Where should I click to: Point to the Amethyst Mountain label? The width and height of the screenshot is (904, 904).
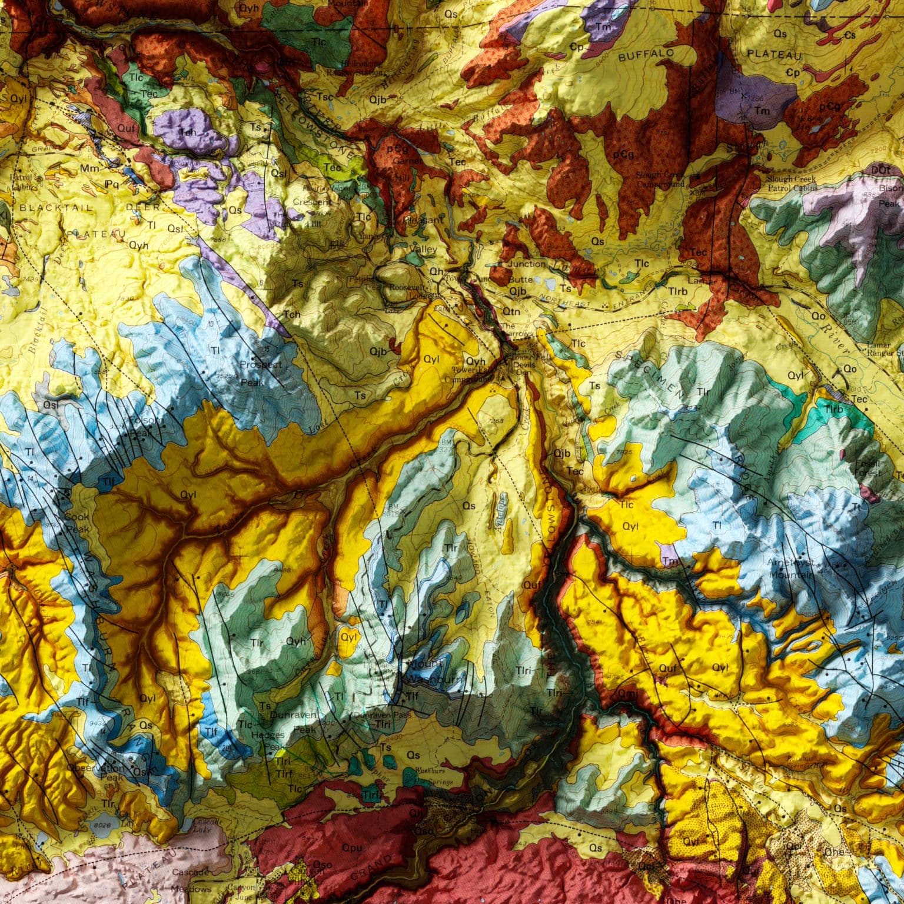(x=791, y=568)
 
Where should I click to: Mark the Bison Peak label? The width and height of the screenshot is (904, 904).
(x=889, y=195)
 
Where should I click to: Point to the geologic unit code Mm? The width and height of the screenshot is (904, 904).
(x=88, y=169)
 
